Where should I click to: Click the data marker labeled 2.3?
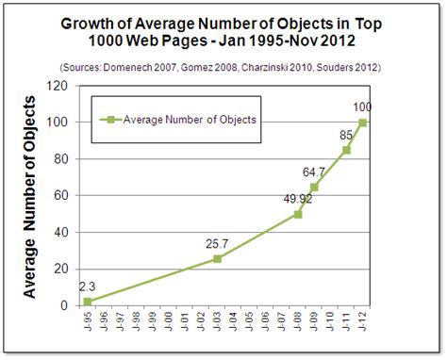(x=88, y=302)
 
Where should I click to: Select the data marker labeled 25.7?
(x=218, y=258)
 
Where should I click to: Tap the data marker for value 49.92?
(x=298, y=214)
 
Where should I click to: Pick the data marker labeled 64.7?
(x=314, y=187)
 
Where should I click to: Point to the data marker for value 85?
(x=346, y=150)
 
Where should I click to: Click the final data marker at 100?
(x=362, y=123)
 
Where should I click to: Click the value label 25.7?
(x=218, y=244)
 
